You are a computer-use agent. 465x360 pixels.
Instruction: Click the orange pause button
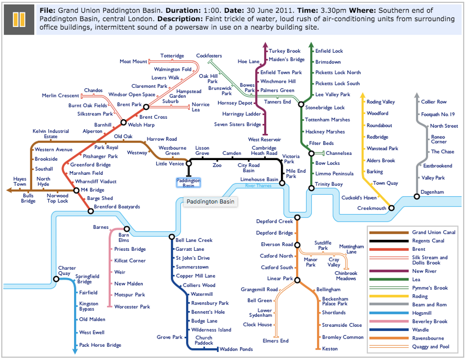point(19,19)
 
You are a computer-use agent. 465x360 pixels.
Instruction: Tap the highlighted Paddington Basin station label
point(188,183)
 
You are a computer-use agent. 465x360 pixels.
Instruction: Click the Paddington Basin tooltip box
point(210,202)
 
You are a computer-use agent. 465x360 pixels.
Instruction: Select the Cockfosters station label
point(209,56)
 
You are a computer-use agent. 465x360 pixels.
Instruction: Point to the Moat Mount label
point(133,61)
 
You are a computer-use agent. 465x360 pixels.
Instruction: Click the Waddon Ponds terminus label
point(236,350)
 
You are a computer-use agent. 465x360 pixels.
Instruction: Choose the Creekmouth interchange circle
point(391,208)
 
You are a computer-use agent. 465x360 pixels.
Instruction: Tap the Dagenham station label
point(432,192)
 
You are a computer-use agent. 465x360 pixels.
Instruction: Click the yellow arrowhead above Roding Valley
point(363,95)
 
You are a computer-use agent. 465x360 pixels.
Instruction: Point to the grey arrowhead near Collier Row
point(417,95)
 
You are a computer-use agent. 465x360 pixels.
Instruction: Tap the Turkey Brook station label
point(284,51)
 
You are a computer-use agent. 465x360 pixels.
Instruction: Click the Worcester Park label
point(132,307)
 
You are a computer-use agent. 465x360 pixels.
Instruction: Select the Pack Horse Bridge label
point(100,345)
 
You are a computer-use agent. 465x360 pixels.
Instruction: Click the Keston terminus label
point(330,349)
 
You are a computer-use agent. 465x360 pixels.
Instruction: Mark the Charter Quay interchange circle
point(56,279)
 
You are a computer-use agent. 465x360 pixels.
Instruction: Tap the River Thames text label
point(258,186)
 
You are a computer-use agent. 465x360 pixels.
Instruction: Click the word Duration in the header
point(183,10)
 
